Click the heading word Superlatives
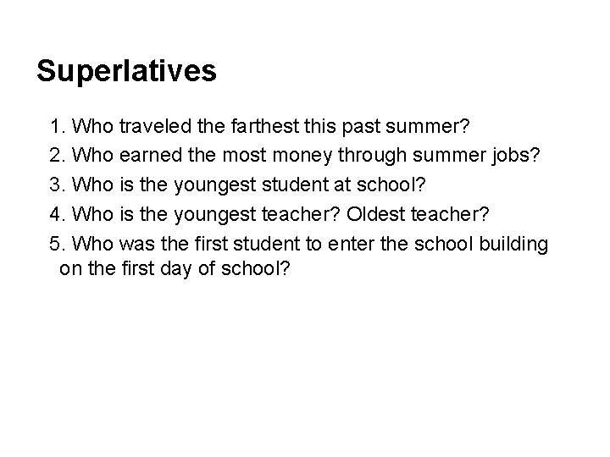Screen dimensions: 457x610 click(127, 71)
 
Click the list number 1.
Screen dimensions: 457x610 click(57, 127)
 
